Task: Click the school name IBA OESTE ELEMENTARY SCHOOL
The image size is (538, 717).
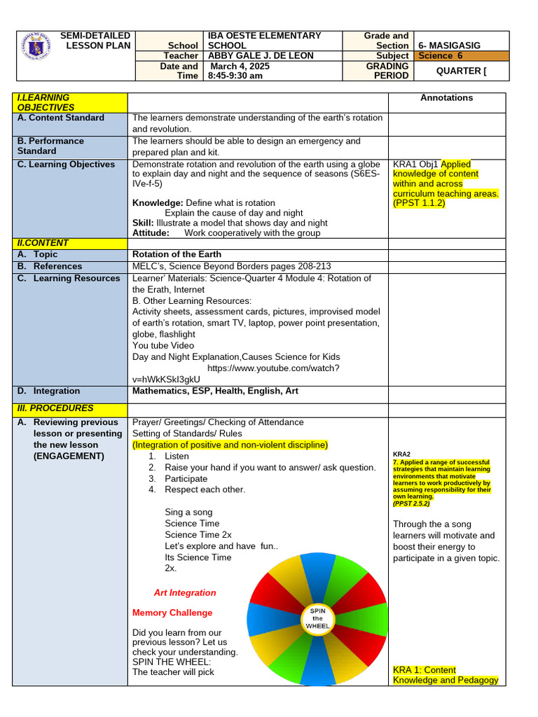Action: coord(264,40)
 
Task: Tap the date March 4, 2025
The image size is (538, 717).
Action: coord(240,66)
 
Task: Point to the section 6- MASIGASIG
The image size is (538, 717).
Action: coord(449,45)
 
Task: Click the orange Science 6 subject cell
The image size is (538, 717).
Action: coord(460,55)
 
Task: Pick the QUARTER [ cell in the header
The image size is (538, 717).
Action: coord(461,71)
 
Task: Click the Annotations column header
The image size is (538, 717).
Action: coord(446,98)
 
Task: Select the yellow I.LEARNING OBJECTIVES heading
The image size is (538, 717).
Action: coord(46,102)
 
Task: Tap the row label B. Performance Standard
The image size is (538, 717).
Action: coord(50,146)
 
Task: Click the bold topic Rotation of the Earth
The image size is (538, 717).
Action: coord(177,254)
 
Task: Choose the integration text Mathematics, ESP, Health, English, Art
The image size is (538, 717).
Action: coord(215,391)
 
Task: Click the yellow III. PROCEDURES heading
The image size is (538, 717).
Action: coord(55,408)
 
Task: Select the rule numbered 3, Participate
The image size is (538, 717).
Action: coord(186,478)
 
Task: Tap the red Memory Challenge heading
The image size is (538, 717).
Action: coord(172,613)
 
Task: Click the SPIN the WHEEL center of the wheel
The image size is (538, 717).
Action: coord(317,618)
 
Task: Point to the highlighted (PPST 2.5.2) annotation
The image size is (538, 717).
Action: coord(411,503)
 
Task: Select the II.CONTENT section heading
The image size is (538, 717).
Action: coord(43,243)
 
